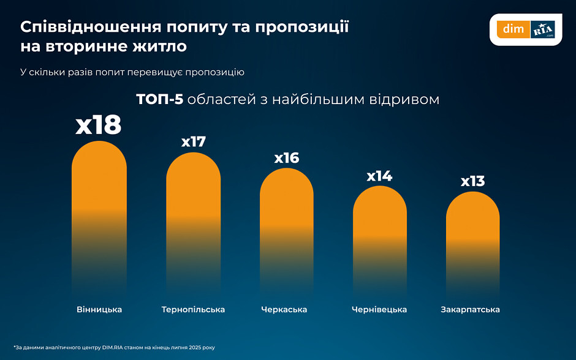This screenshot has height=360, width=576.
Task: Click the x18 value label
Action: tap(99, 125)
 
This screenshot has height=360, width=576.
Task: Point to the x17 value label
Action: tap(193, 141)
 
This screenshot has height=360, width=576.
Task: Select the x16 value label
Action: tap(286, 158)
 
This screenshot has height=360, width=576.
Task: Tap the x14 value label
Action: tap(379, 176)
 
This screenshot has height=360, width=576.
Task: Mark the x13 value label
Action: tap(472, 181)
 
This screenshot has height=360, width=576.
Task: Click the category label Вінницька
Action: tap(99, 310)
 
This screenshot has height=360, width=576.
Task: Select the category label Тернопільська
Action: tap(193, 310)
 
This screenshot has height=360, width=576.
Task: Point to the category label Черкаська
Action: tap(284, 310)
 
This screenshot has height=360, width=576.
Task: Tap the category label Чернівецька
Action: tap(379, 310)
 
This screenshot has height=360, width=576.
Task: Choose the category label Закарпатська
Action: tap(470, 310)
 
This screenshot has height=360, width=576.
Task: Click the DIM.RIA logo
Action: tap(526, 29)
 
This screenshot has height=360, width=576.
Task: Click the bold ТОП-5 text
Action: tap(159, 99)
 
